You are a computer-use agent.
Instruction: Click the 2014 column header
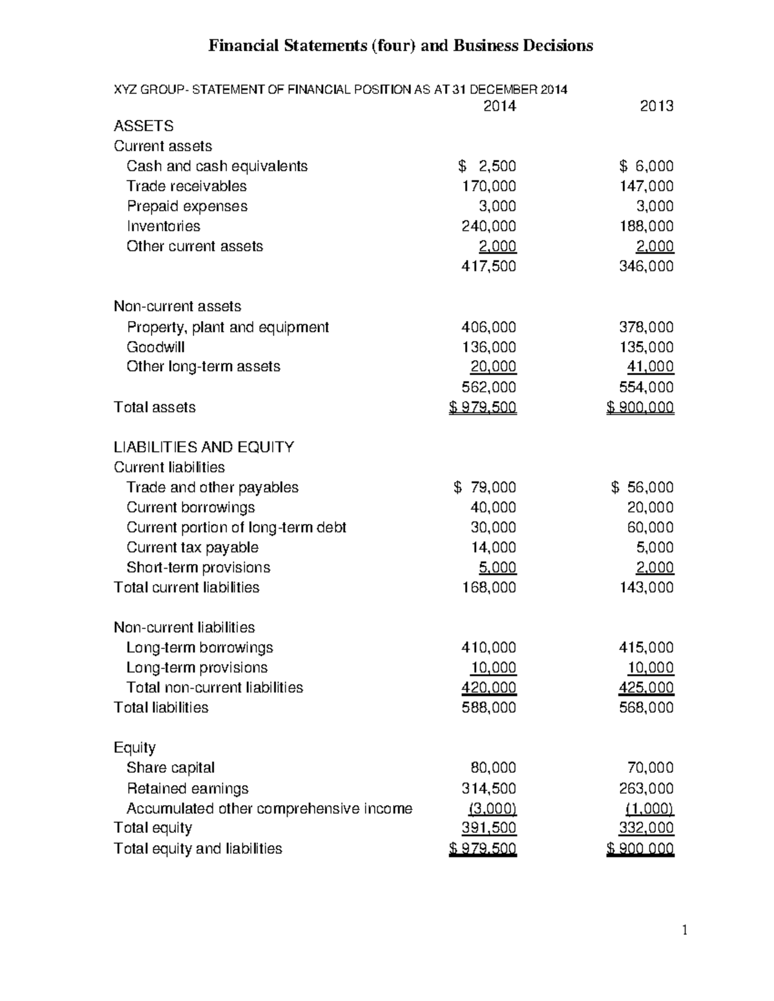click(x=499, y=106)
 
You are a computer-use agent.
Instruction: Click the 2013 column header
click(x=656, y=106)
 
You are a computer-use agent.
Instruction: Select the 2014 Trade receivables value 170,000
click(x=488, y=186)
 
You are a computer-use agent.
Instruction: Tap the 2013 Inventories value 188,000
click(x=646, y=226)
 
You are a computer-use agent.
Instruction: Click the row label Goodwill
click(x=155, y=347)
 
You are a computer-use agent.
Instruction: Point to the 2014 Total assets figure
click(x=482, y=407)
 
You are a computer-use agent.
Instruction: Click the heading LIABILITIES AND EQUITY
click(x=204, y=447)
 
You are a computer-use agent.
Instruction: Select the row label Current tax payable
click(x=192, y=548)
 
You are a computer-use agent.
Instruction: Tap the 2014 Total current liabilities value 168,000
click(x=488, y=588)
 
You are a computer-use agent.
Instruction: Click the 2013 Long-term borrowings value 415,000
click(x=646, y=648)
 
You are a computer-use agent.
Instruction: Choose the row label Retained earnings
click(x=187, y=788)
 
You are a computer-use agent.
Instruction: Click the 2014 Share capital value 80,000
click(x=493, y=768)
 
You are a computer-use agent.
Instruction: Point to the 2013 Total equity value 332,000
click(x=646, y=828)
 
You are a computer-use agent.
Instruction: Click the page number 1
click(x=684, y=930)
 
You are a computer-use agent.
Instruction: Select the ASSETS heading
click(x=143, y=126)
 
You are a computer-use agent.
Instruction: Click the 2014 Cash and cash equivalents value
click(x=488, y=166)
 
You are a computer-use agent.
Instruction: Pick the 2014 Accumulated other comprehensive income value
click(x=493, y=809)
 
